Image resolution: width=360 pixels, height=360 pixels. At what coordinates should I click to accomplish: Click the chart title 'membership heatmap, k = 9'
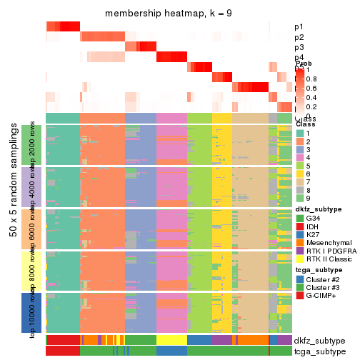click(x=169, y=14)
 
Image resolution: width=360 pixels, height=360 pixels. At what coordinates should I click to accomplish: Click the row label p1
click(x=299, y=27)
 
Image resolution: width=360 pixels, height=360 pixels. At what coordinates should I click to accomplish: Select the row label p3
click(x=299, y=47)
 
